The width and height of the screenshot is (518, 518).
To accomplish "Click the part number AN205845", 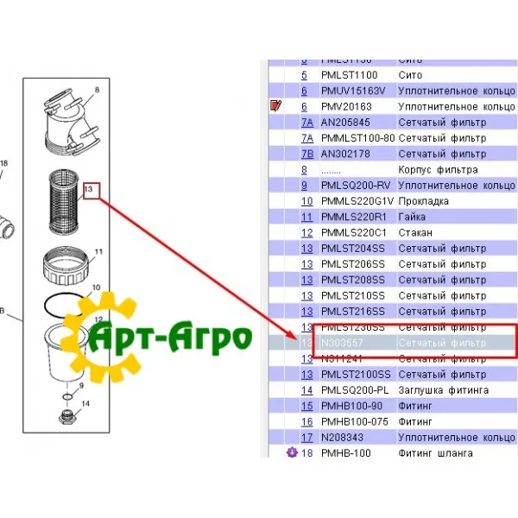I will tap(345, 123).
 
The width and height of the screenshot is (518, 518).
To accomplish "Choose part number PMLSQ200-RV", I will tap(355, 186).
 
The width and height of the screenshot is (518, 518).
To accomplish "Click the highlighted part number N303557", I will tap(342, 343).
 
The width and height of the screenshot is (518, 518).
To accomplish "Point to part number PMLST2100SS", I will tap(356, 375).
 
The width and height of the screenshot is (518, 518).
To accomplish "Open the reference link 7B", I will tap(306, 154).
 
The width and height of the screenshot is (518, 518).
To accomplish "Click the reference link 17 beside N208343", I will tap(306, 437).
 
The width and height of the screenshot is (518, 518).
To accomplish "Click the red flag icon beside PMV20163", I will tap(276, 106).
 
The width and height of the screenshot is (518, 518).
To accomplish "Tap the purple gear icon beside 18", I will tap(291, 452).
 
